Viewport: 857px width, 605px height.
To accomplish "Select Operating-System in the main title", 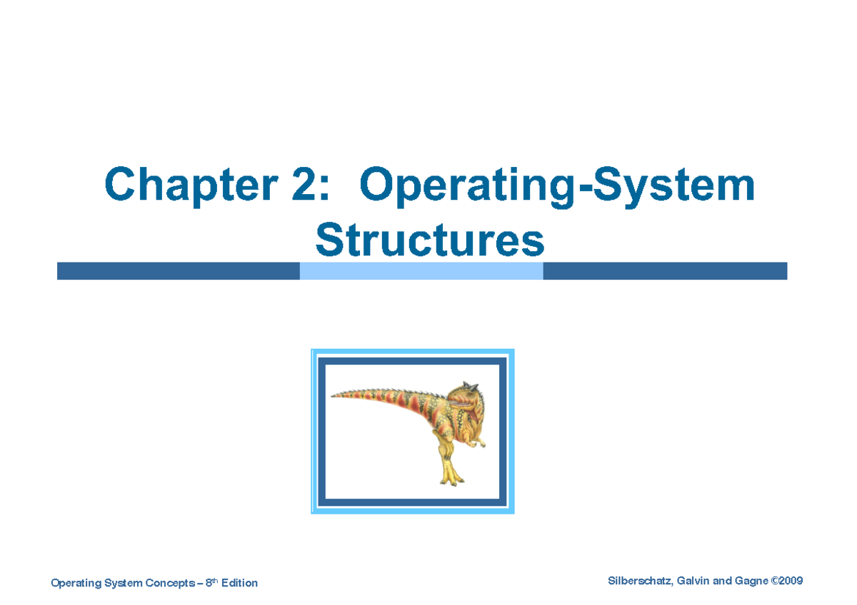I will pos(557,185).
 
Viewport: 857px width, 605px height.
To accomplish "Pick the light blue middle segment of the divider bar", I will pos(421,271).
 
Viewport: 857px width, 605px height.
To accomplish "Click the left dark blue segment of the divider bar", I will pos(179,271).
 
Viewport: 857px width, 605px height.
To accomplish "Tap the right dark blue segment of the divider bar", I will pos(664,271).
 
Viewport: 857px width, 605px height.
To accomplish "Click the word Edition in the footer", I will pos(239,584).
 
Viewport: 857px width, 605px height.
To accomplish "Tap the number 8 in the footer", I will pos(209,584).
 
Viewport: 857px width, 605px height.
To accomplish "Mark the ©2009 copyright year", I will pos(787,581).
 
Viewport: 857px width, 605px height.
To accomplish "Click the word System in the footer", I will pos(124,584).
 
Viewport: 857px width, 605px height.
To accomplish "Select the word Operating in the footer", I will pos(76,584).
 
